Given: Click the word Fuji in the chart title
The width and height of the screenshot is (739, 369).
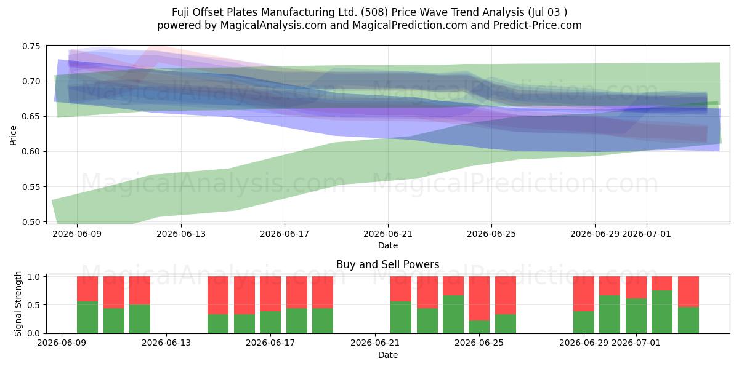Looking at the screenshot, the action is click(180, 12).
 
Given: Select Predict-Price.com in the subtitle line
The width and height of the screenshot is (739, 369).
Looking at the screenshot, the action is click(538, 25).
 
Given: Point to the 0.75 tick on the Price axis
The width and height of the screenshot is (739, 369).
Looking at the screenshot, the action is click(31, 46).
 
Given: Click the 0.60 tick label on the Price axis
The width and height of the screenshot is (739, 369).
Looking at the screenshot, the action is click(31, 151).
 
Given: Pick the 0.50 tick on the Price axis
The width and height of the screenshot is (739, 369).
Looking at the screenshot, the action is click(31, 222).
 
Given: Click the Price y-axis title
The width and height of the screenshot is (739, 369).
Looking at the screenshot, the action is click(13, 135).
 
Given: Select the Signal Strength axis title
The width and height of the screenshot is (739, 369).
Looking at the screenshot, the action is click(18, 304).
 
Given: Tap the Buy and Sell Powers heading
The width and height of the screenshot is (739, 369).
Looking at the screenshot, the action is click(387, 264).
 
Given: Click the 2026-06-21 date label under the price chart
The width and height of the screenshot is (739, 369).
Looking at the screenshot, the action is click(388, 234).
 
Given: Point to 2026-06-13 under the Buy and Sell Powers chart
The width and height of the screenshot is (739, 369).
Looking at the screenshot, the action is click(166, 343).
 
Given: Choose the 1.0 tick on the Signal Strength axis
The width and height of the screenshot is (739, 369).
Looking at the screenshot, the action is click(34, 276).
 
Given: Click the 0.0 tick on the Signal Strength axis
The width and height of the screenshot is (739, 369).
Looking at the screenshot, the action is click(34, 333).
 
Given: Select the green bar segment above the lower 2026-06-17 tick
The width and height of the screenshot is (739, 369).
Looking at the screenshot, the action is click(270, 322).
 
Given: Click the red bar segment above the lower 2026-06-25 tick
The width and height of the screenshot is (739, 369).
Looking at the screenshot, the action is click(479, 298).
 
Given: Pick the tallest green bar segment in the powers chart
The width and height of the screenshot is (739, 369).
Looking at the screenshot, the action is click(662, 312).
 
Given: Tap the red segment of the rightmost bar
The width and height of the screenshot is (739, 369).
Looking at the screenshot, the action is click(689, 292).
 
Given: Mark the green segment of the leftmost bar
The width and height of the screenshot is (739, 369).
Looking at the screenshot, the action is click(87, 317).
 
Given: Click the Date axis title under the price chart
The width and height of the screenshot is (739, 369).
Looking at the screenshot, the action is click(388, 245).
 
